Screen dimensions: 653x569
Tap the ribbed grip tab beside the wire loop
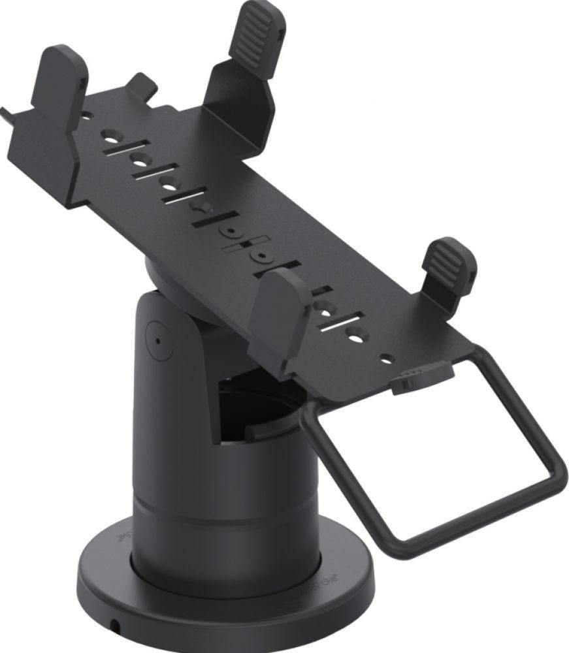point(447,261)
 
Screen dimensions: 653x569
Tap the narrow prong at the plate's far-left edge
point(8,115)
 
